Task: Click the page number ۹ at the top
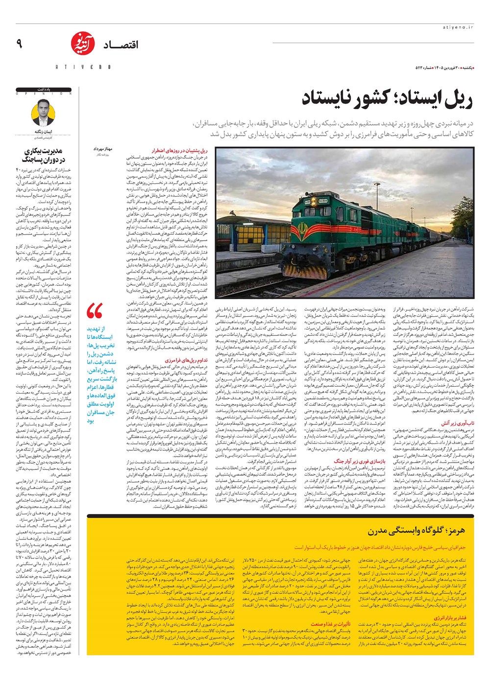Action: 19,45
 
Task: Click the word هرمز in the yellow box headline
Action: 456,530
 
